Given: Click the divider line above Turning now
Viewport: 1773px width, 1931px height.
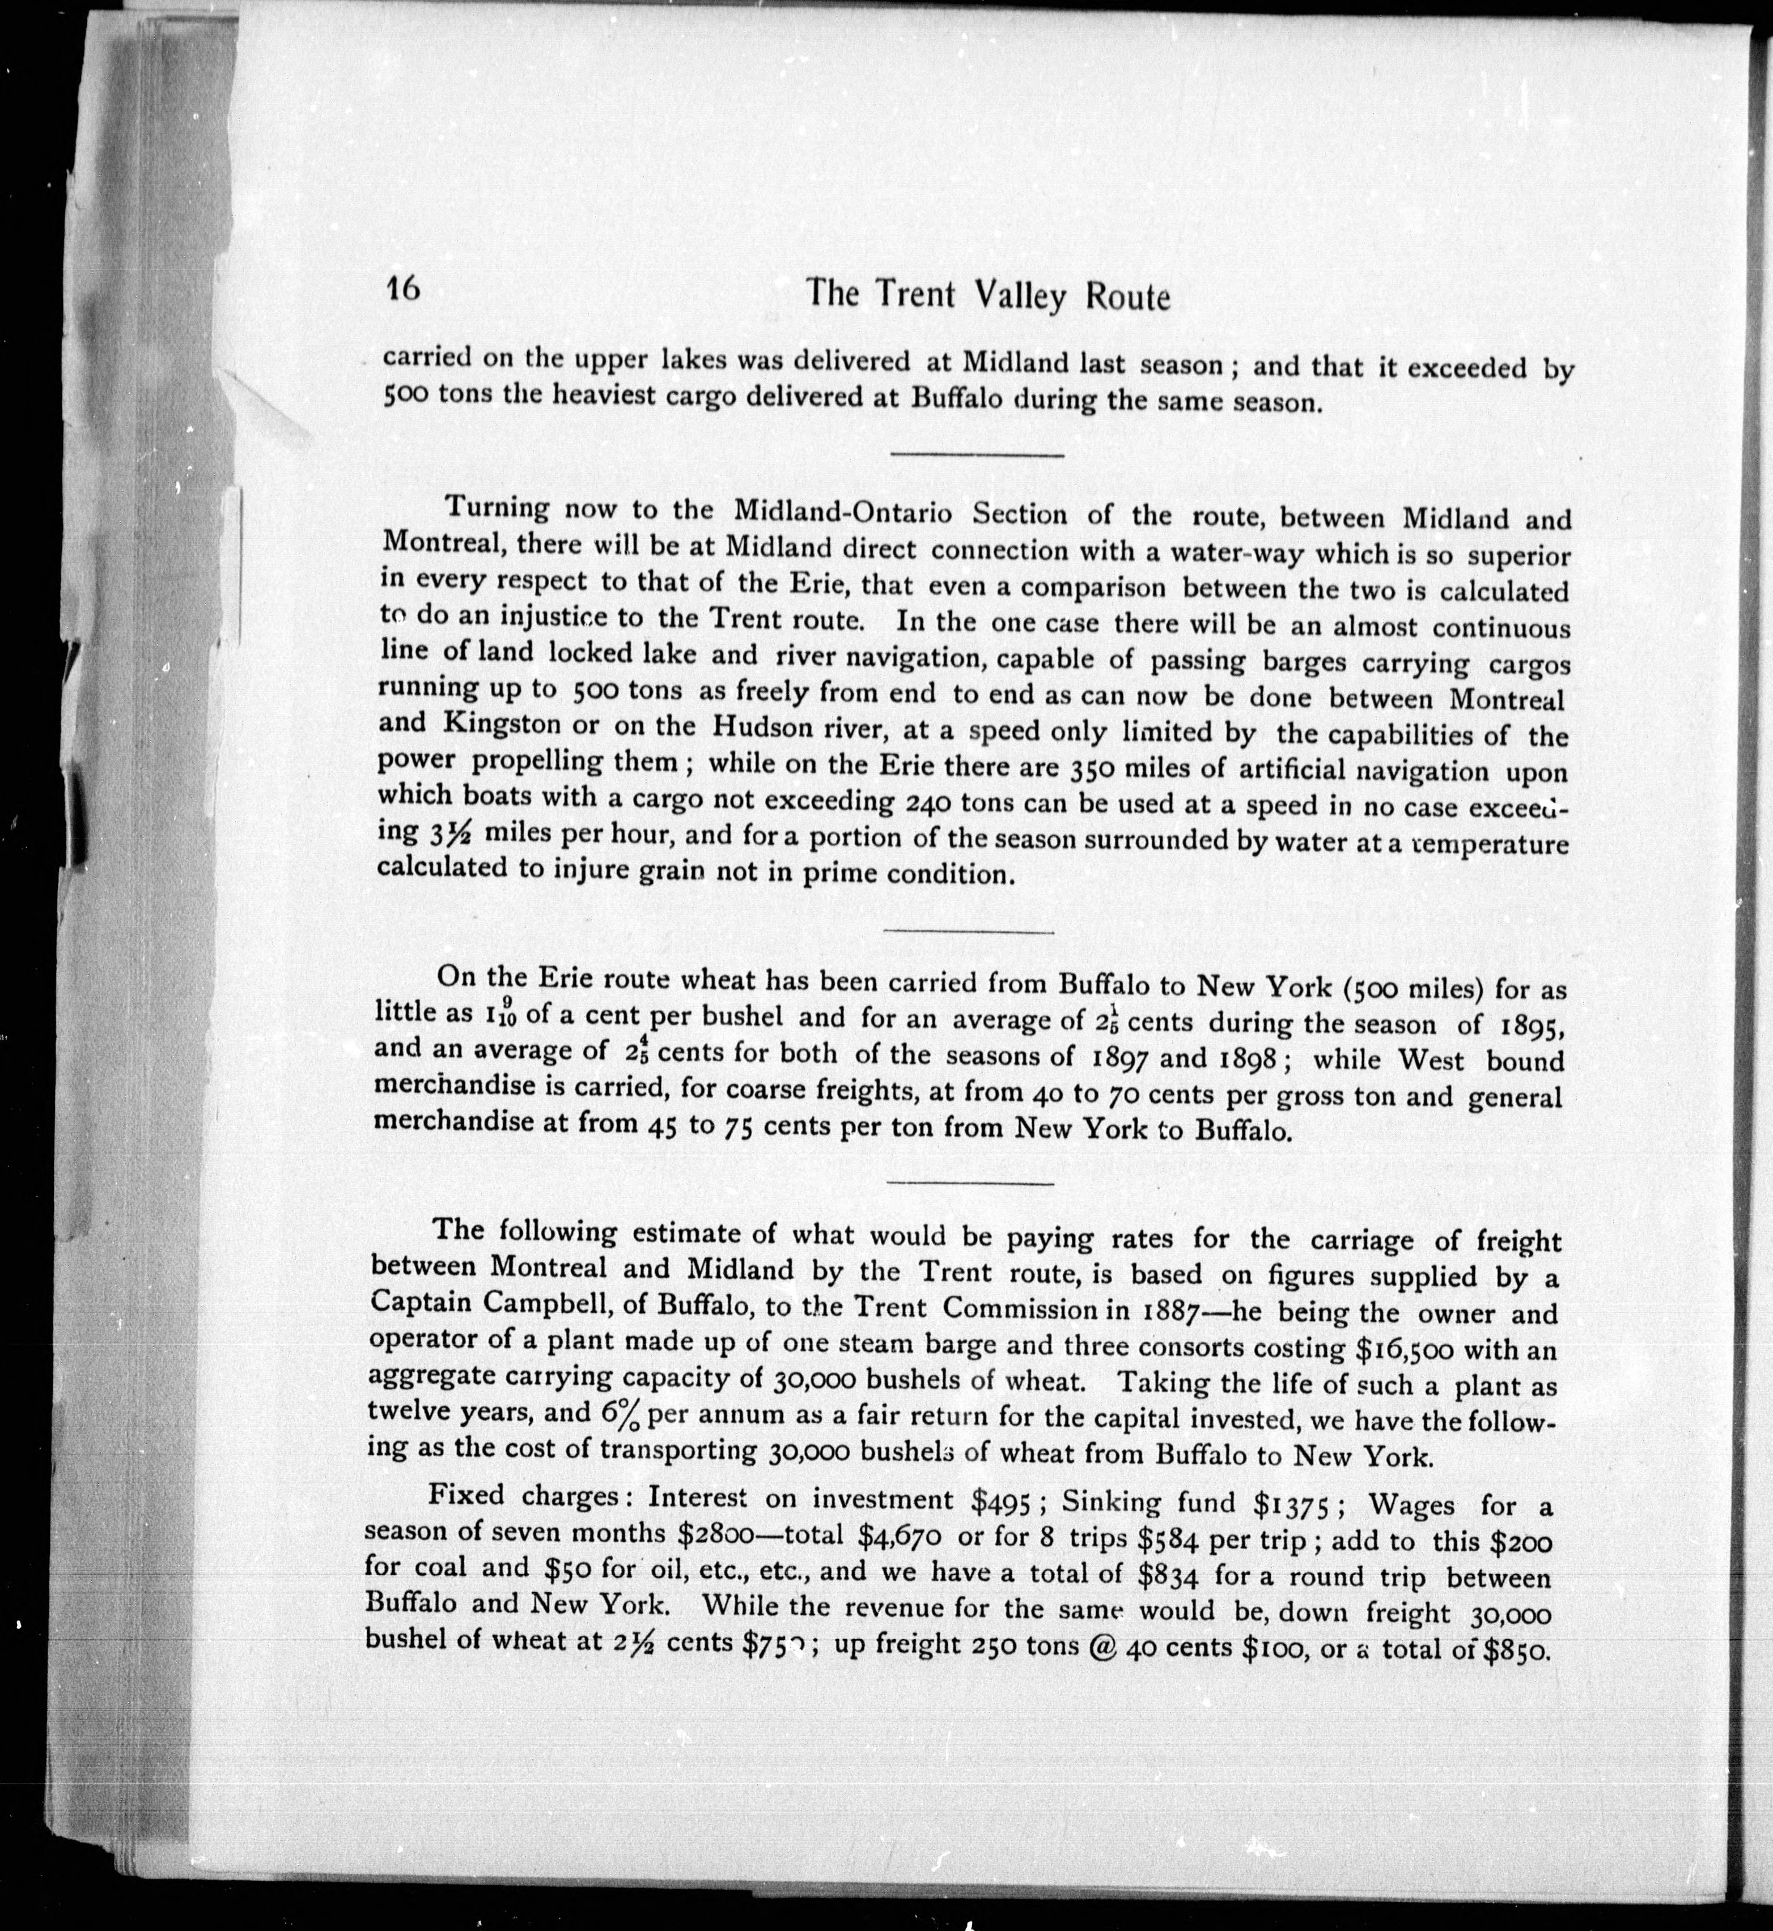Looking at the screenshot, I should pyautogui.click(x=977, y=454).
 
